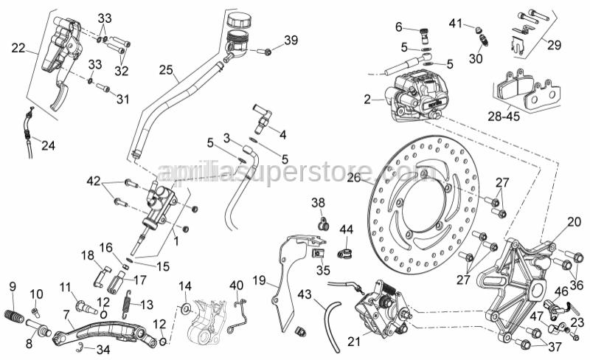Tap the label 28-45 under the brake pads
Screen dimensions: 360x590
(504, 115)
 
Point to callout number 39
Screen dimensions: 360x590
(291, 40)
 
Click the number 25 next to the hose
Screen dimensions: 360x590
(166, 71)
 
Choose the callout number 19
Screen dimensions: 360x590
(259, 280)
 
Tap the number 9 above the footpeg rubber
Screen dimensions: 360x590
(13, 286)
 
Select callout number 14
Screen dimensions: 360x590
(185, 285)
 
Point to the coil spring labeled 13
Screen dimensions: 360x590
(127, 302)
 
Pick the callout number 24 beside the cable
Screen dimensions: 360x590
(48, 146)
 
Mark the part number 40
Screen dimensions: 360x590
(236, 285)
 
